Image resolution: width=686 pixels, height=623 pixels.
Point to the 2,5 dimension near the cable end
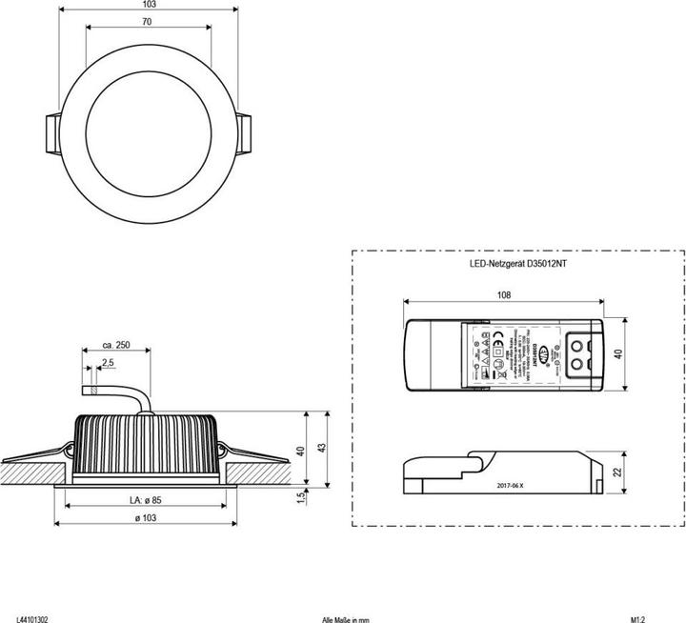109,363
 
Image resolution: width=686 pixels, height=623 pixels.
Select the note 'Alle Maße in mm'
346,618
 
